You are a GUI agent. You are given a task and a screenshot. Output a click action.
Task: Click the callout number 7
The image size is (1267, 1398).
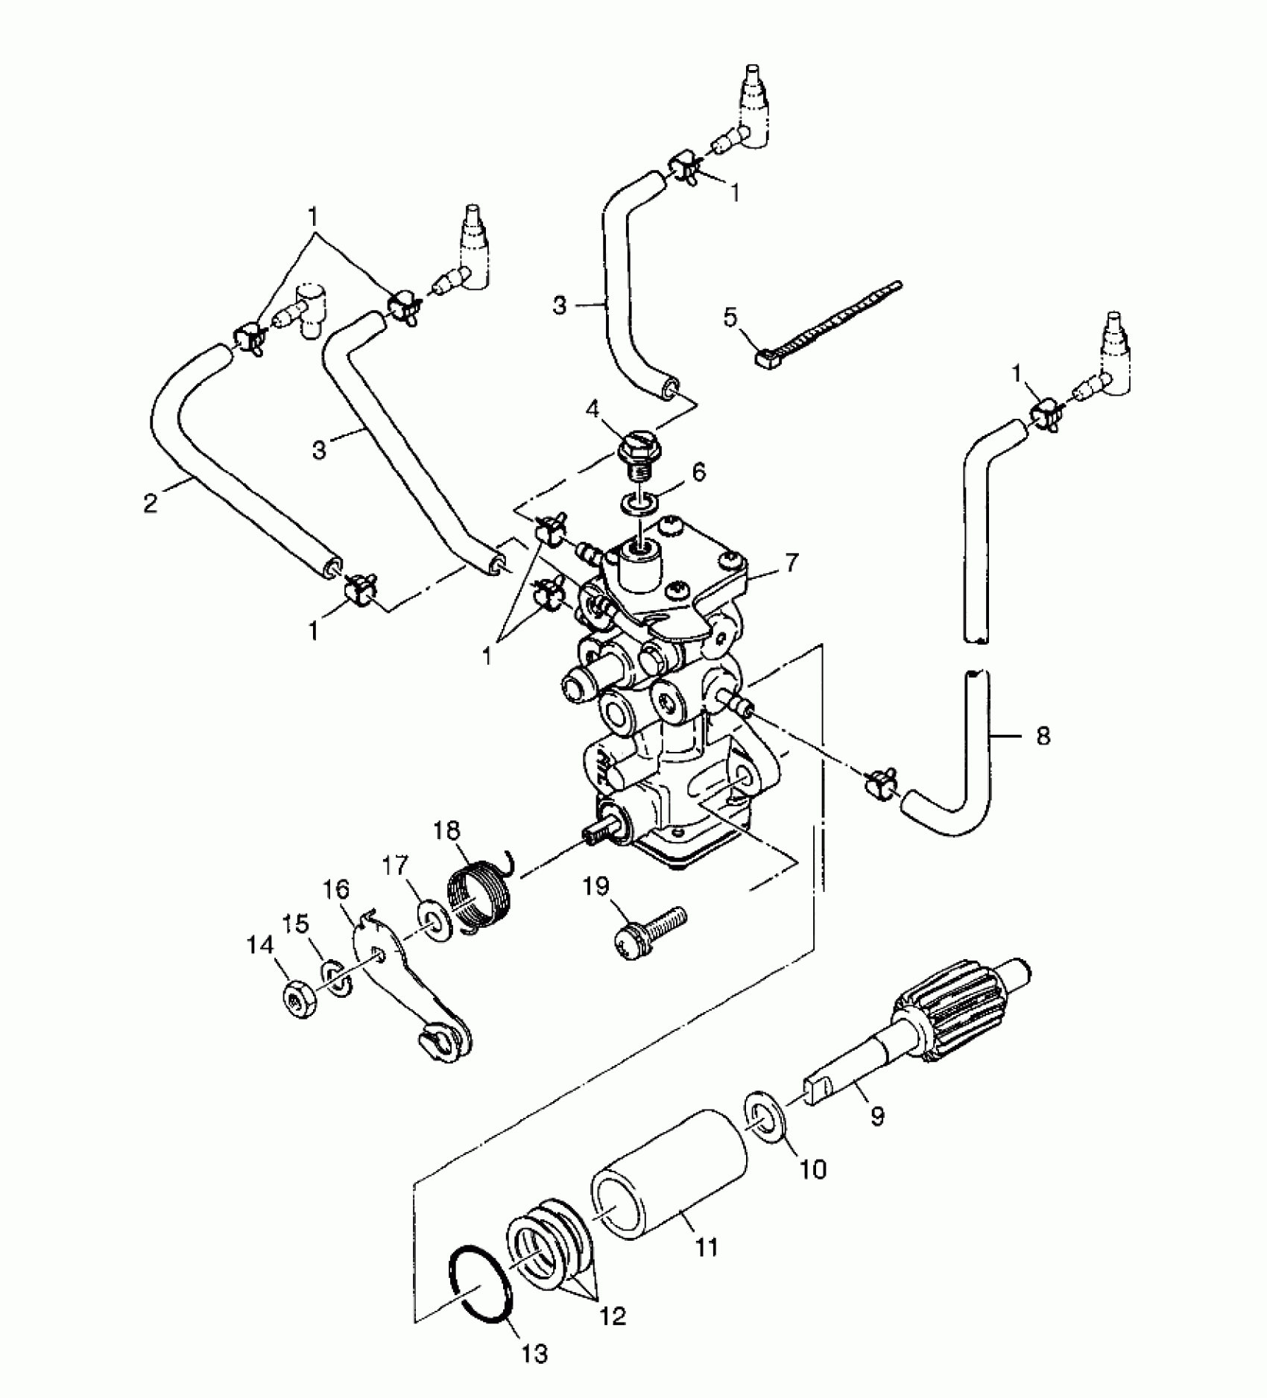point(791,562)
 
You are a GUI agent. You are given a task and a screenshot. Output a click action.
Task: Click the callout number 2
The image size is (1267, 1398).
point(151,504)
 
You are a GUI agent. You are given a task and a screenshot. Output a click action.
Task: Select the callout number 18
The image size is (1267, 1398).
point(446,830)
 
